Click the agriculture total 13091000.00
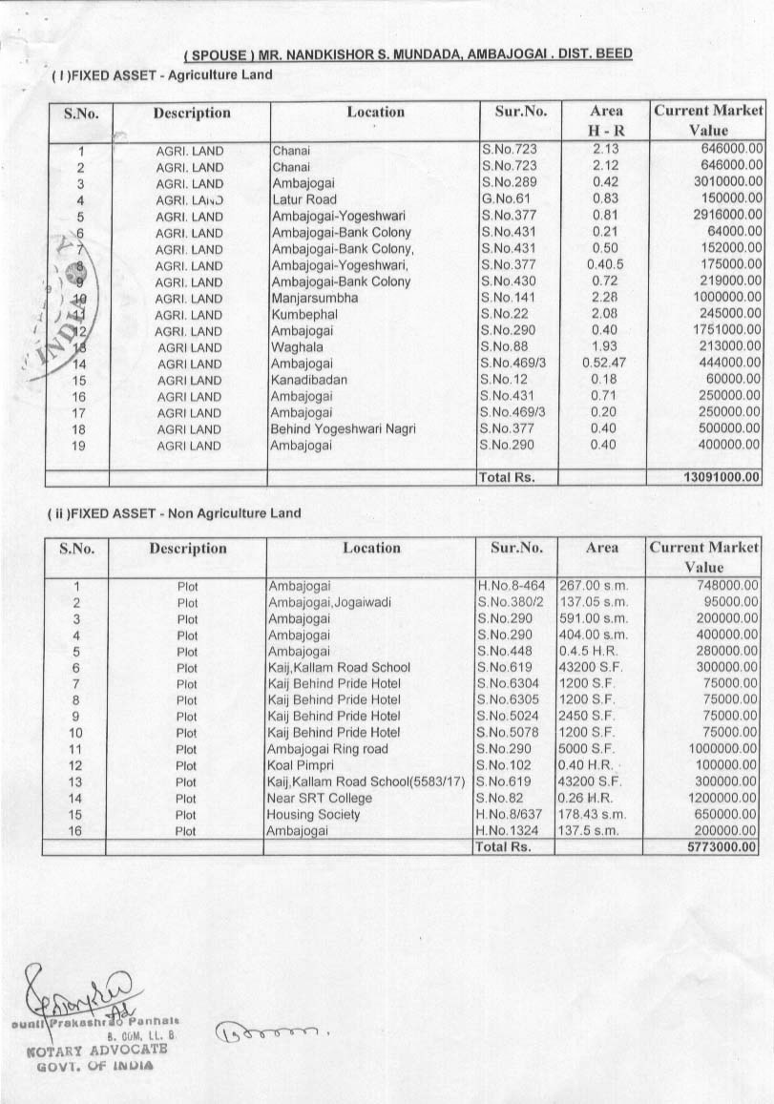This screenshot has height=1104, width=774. tap(722, 476)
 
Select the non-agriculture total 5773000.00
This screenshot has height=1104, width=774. tap(722, 846)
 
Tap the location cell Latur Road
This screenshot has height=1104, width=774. tap(304, 200)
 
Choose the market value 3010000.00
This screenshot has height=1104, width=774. tap(722, 183)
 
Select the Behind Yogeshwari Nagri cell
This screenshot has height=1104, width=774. tap(344, 429)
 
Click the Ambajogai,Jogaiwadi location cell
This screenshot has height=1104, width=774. tap(329, 602)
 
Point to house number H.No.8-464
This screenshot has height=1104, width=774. tap(511, 586)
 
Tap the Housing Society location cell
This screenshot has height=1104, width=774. tap(314, 814)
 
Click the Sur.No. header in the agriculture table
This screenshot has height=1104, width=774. tap(521, 113)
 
